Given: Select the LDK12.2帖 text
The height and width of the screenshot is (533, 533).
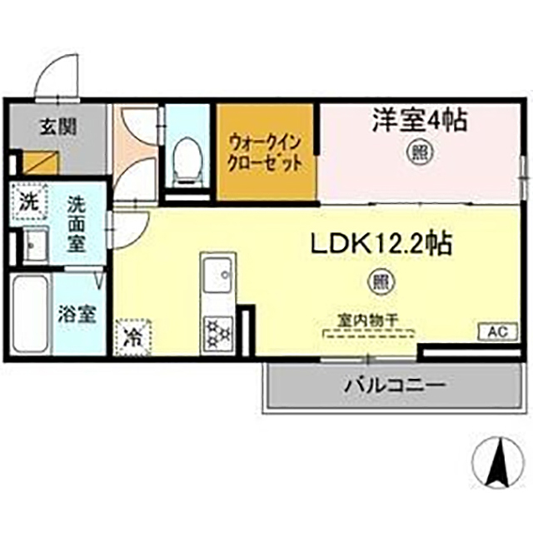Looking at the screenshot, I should (381, 243).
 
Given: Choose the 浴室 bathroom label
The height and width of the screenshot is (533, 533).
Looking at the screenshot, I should (79, 315).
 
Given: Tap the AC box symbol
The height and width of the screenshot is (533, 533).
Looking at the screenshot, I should (496, 331).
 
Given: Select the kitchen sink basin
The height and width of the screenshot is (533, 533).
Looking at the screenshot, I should (217, 276).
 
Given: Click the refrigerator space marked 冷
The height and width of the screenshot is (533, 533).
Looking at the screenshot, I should (132, 336).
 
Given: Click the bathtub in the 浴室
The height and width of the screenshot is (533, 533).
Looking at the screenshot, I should (30, 316).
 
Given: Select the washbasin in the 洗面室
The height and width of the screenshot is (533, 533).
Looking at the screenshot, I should (35, 243).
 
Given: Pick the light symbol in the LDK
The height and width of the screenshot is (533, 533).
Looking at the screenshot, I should (380, 281).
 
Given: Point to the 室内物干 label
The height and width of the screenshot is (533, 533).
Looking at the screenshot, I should (368, 319).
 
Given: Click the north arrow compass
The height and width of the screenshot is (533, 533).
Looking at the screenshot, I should (501, 463).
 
